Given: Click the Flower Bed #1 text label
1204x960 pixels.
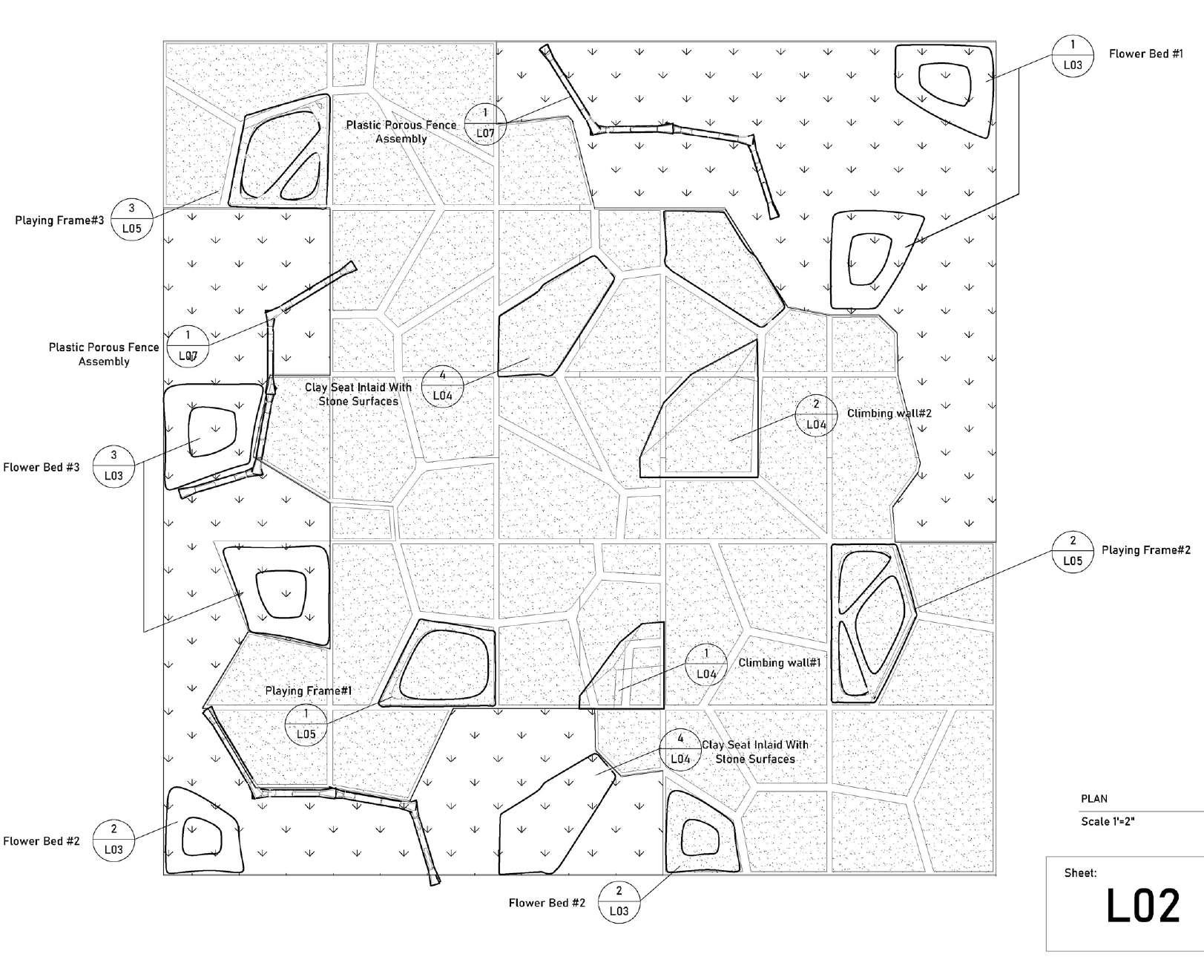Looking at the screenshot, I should click(1145, 54).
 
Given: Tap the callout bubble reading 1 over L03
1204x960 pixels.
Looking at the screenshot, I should click(1073, 55).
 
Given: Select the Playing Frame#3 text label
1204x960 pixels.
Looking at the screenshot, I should click(59, 221).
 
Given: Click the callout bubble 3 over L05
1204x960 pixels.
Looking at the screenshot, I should click(131, 219).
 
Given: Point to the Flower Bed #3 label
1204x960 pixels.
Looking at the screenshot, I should click(42, 468).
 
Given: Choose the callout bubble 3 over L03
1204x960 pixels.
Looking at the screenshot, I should click(114, 466).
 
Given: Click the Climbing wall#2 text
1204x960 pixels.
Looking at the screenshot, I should click(889, 414).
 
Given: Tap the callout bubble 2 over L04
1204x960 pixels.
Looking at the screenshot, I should click(816, 414).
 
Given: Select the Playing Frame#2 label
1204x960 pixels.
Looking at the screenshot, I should click(1145, 550).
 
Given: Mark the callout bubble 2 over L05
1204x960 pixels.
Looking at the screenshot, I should click(1073, 551).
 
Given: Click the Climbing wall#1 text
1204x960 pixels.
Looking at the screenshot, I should click(779, 663).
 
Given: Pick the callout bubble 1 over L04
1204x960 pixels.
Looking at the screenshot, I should click(705, 664).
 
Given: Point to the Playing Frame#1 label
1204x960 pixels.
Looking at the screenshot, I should click(308, 691).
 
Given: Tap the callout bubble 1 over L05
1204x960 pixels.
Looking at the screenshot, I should click(306, 724).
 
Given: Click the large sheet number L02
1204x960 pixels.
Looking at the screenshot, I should click(1142, 907).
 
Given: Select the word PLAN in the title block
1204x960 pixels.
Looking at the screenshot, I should click(1093, 799).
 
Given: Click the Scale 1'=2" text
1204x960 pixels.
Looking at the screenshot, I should click(1108, 822).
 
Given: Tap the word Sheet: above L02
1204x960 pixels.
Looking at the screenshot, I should click(1080, 873).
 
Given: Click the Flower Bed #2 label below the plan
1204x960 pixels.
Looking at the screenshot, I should click(547, 904).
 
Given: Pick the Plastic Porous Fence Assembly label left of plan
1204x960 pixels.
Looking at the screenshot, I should click(104, 354).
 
